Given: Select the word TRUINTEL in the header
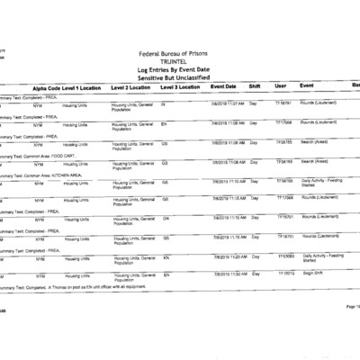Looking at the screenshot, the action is click(x=180, y=63).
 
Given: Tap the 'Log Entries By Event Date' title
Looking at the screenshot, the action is click(x=179, y=70).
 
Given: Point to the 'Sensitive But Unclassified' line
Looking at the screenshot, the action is click(x=179, y=78).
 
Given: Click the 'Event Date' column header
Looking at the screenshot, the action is click(x=223, y=87).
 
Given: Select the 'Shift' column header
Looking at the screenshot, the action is click(x=255, y=87).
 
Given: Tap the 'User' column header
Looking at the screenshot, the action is click(x=280, y=87).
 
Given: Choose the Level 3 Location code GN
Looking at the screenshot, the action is click(x=165, y=218).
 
